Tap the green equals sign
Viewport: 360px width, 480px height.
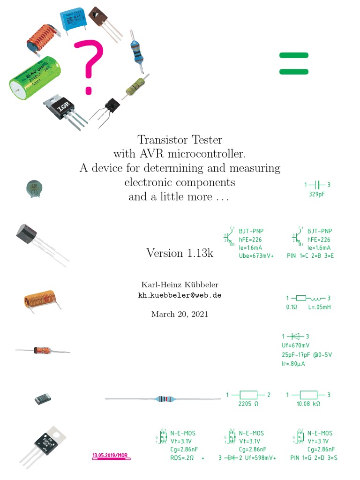[294, 63]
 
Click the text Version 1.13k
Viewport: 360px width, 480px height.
[180, 253]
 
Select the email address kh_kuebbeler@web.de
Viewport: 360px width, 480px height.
[180, 295]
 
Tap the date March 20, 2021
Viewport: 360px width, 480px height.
[180, 314]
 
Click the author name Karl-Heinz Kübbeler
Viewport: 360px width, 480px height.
[180, 285]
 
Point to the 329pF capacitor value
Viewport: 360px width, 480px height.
[317, 194]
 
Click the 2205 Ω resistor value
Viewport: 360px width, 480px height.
[248, 404]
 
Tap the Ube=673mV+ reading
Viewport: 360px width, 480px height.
[256, 256]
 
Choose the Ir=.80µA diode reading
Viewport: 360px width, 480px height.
[293, 363]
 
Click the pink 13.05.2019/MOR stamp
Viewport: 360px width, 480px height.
[110, 455]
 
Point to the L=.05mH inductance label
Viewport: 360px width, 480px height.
[319, 307]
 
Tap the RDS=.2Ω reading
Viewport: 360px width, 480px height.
[182, 458]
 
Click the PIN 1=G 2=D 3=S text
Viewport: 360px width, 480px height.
[314, 458]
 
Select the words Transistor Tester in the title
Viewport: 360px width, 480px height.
[180, 140]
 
